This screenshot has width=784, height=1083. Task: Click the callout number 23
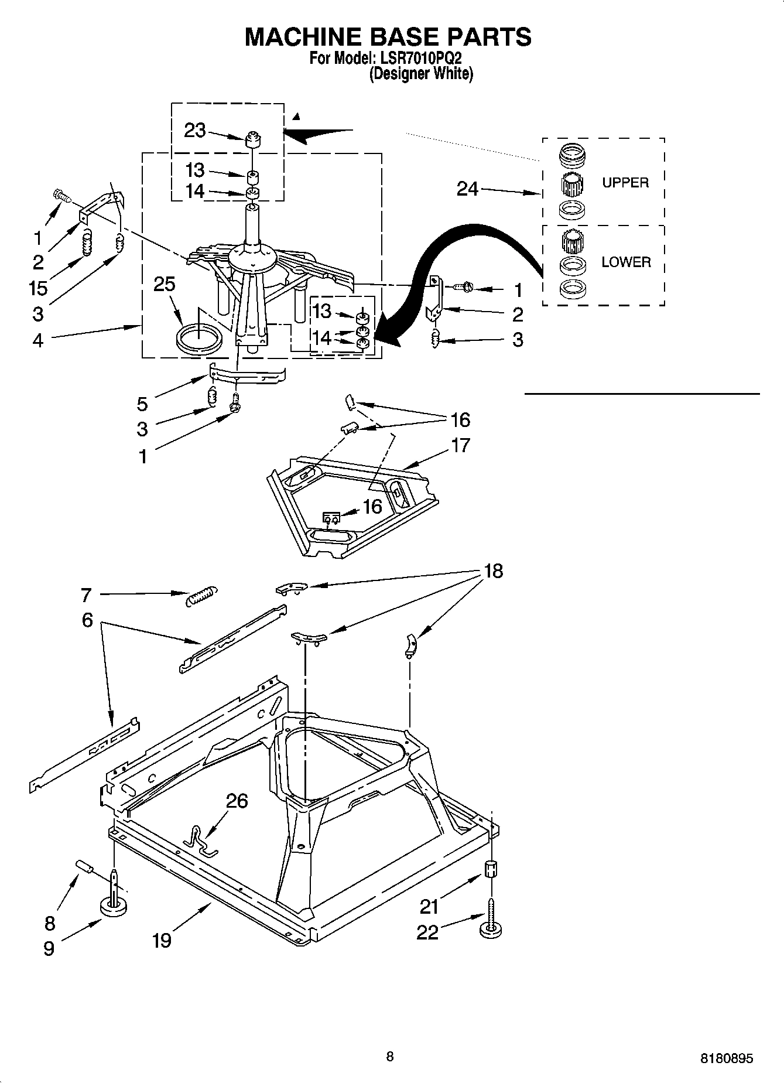pos(195,130)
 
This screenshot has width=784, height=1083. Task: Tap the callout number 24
pos(467,189)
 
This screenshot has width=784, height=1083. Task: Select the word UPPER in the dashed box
pos(625,183)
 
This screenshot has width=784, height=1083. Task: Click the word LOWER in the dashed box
pos(626,262)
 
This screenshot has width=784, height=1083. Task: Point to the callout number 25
pos(165,284)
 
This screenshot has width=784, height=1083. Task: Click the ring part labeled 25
pos(199,340)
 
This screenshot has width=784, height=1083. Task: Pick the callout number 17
pos(461,445)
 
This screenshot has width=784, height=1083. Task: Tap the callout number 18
pos(494,570)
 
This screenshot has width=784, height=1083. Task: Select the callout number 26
pos(237,801)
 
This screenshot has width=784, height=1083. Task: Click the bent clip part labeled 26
pos(198,839)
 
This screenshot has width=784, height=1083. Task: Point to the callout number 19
pos(162,940)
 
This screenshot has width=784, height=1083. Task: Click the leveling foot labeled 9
pos(114,907)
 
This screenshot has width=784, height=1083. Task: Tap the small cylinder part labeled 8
pos(84,866)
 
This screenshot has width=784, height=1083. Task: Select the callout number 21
pos(429,907)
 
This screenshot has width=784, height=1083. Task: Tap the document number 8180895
pos(726,1059)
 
